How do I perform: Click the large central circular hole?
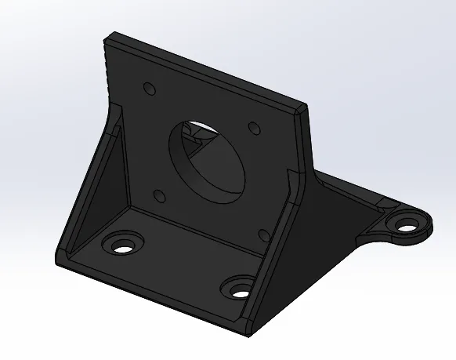pos(205,156)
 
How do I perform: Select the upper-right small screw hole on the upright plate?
pos(253,127)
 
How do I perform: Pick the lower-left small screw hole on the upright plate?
pos(158,195)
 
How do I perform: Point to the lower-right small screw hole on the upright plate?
pos(264,234)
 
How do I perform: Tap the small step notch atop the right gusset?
pos(291,181)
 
